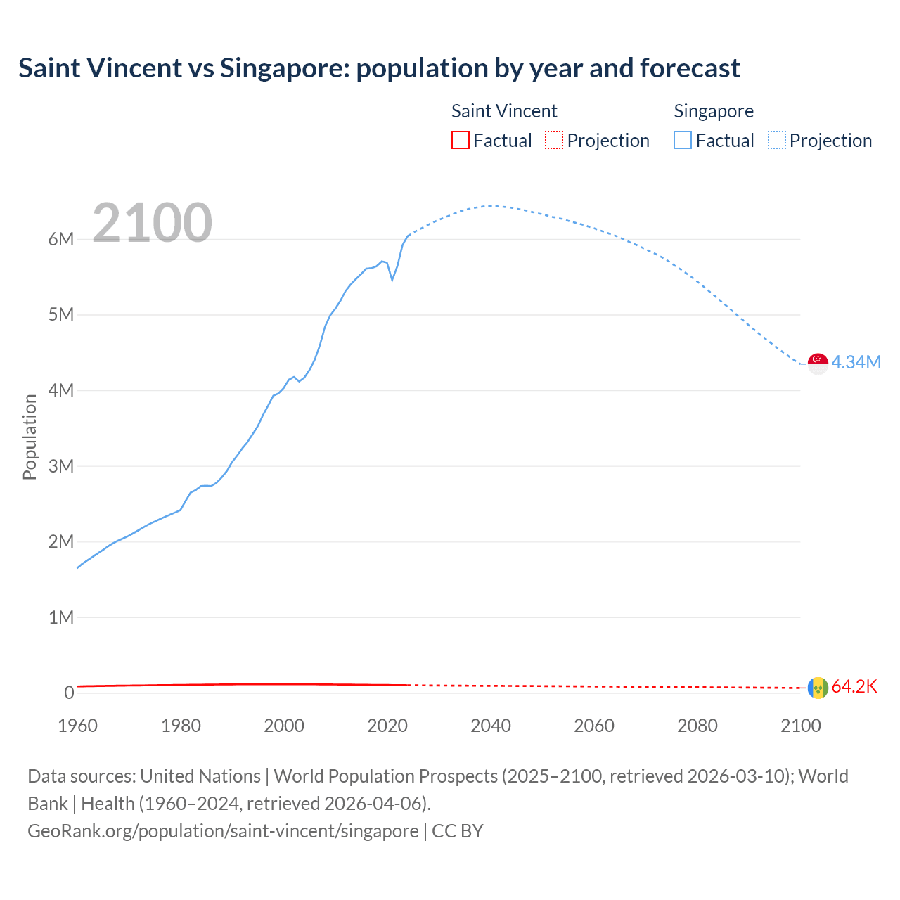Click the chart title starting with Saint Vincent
tap(379, 68)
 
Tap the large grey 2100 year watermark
tap(152, 223)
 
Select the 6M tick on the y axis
tap(61, 239)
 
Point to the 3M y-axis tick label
tap(61, 466)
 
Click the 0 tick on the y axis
tap(69, 693)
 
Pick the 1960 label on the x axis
tap(77, 726)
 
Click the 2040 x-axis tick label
tap(491, 726)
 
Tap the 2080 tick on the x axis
tap(697, 726)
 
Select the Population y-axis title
tap(30, 437)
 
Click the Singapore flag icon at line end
tap(818, 364)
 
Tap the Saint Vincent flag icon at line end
tap(818, 688)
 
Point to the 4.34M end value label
tap(856, 362)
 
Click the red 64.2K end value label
tap(854, 687)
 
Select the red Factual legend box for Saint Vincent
tap(461, 141)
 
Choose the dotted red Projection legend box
tap(554, 141)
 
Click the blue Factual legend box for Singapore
tap(683, 141)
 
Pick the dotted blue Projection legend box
tap(777, 141)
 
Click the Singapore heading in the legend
tap(714, 111)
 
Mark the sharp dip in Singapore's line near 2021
tap(392, 280)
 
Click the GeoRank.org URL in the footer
tap(223, 830)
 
